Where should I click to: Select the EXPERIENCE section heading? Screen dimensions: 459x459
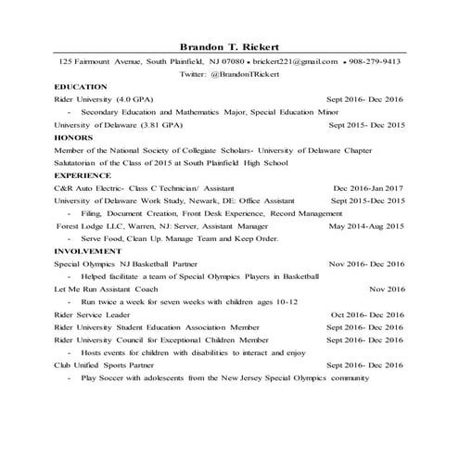pos(84,174)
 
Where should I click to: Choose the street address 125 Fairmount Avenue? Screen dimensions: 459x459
pos(99,61)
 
